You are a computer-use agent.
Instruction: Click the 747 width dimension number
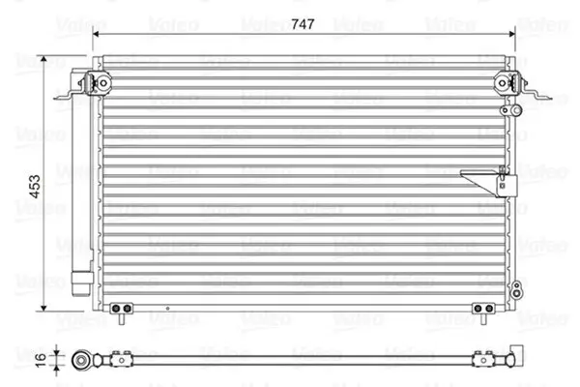pyautogui.click(x=303, y=24)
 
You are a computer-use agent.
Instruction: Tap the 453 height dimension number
pyautogui.click(x=35, y=187)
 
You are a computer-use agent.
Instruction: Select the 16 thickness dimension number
pyautogui.click(x=41, y=360)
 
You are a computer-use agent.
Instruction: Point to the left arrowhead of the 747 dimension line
pyautogui.click(x=96, y=34)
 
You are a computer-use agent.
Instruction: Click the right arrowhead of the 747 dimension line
pyautogui.click(x=512, y=34)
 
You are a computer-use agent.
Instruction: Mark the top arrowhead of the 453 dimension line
pyautogui.click(x=44, y=59)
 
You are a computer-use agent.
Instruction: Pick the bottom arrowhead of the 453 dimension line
pyautogui.click(x=44, y=308)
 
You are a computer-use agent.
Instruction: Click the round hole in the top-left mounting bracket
pyautogui.click(x=103, y=83)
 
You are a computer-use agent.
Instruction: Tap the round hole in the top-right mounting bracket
pyautogui.click(x=502, y=83)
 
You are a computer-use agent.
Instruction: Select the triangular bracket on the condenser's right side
pyautogui.click(x=488, y=183)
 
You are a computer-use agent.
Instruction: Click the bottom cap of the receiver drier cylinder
pyautogui.click(x=82, y=284)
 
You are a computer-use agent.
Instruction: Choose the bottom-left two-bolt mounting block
pyautogui.click(x=122, y=308)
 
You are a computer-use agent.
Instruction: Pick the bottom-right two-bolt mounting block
pyautogui.click(x=483, y=308)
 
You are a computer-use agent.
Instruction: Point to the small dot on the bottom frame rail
pyautogui.click(x=167, y=308)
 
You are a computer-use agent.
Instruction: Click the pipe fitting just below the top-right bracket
pyautogui.click(x=510, y=110)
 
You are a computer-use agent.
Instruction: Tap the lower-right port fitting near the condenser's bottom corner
pyautogui.click(x=517, y=289)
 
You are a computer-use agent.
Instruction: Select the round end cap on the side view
pyautogui.click(x=81, y=360)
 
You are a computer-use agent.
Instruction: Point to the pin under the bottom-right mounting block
pyautogui.click(x=483, y=319)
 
